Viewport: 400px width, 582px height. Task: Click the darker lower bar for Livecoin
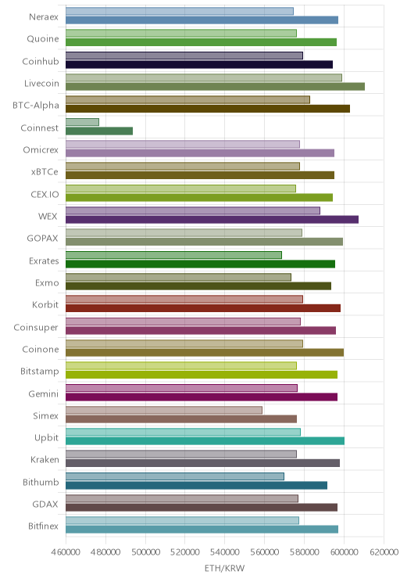click(215, 87)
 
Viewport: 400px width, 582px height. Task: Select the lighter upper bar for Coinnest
click(82, 122)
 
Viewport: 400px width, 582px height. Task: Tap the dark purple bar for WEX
click(212, 220)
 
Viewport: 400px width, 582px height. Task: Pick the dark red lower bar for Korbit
click(203, 308)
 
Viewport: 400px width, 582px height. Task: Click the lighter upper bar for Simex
click(164, 410)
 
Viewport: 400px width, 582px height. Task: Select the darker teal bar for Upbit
click(205, 441)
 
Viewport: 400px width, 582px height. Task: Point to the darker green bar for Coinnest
click(99, 131)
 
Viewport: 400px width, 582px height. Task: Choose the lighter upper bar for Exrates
click(174, 255)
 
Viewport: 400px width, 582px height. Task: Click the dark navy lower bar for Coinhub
click(199, 65)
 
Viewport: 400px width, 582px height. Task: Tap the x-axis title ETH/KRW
click(225, 568)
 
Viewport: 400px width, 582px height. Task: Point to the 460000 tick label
click(66, 552)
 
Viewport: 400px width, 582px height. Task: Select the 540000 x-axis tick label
click(225, 552)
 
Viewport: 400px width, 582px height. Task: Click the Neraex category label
click(44, 16)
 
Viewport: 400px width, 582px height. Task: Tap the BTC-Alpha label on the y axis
click(36, 106)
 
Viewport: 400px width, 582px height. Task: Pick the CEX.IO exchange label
click(45, 194)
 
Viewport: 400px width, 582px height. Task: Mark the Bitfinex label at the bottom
click(44, 526)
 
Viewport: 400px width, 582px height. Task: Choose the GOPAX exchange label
click(43, 239)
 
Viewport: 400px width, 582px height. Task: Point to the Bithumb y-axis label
click(41, 482)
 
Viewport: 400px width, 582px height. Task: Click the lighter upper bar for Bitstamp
click(181, 365)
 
